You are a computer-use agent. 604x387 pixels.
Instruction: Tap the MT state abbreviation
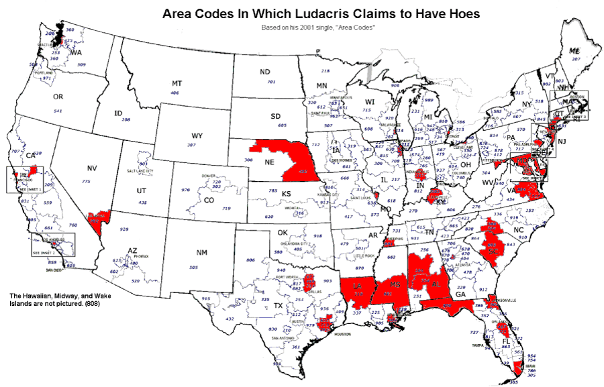pos(177,83)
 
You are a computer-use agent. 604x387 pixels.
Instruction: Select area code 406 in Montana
pos(175,93)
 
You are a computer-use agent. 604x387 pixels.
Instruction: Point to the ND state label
pos(265,72)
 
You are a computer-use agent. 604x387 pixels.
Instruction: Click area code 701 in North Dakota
pos(271,82)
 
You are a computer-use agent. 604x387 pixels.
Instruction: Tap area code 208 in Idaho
pos(126,119)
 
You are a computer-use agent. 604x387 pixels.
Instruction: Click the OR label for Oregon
pos(58,97)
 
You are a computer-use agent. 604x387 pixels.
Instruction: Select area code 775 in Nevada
pos(85,182)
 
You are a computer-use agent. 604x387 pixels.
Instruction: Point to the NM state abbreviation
pos(201,253)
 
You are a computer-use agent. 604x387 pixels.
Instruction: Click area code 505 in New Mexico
pos(194,268)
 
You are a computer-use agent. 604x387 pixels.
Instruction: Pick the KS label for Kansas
pos(285,194)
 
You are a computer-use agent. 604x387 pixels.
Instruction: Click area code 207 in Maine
pos(576,59)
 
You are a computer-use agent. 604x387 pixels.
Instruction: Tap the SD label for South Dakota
pos(275,116)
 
